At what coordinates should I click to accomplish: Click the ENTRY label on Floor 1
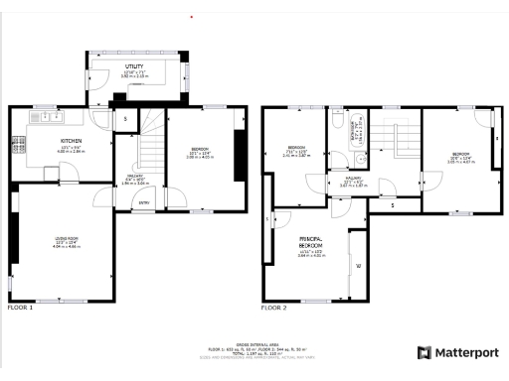pos(144,201)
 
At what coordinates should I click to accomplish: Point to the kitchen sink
pos(44,117)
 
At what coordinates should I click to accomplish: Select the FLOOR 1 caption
pos(21,308)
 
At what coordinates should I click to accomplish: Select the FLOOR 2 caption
pos(274,308)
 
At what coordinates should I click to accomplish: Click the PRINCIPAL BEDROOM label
pos(312,243)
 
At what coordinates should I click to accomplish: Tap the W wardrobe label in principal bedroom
pos(358,266)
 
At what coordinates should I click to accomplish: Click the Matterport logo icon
pos(424,352)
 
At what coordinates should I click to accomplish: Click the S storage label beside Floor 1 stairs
pos(125,119)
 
